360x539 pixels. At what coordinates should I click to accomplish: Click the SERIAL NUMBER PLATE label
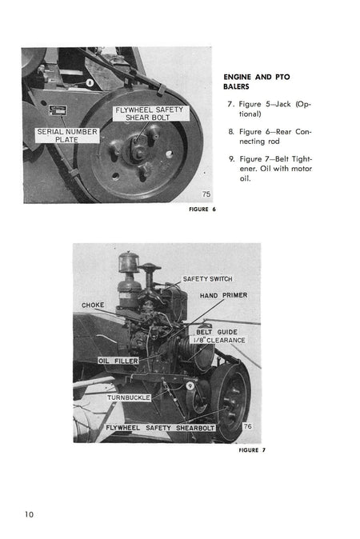click(66, 136)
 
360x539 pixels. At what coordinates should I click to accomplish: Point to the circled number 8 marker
click(90, 82)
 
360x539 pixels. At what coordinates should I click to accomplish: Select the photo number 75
click(206, 194)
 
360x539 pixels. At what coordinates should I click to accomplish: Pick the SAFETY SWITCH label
click(206, 278)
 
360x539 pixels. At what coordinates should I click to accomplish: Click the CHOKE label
click(94, 305)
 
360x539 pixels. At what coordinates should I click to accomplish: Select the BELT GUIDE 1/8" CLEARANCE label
click(218, 336)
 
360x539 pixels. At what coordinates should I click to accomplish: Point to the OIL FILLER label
click(118, 361)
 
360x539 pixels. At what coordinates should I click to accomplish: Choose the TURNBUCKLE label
click(129, 396)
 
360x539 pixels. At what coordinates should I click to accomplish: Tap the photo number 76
click(247, 426)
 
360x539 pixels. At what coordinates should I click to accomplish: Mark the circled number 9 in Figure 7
click(190, 386)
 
